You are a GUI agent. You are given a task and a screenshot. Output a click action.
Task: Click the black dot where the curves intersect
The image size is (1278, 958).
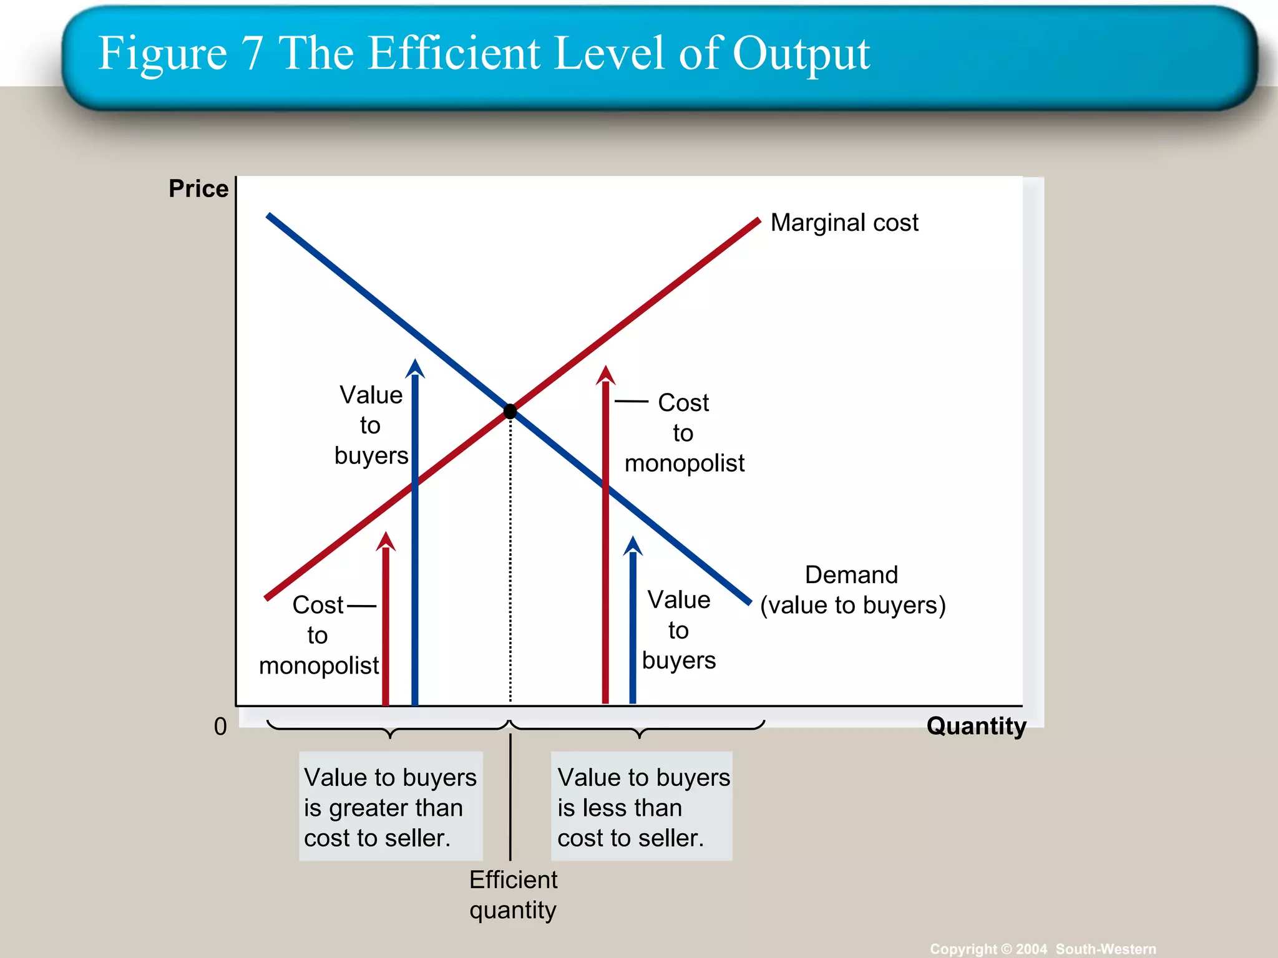coord(510,411)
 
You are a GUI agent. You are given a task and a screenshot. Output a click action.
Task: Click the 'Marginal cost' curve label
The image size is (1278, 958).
coord(844,223)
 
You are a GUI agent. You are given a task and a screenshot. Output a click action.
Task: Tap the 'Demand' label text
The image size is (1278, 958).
coord(851,574)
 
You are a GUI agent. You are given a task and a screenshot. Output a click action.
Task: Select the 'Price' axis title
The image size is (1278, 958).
coord(198,188)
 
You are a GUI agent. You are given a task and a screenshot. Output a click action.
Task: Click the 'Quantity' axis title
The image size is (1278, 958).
coord(976,726)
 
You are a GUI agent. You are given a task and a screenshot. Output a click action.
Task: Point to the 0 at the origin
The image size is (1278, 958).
coord(220,727)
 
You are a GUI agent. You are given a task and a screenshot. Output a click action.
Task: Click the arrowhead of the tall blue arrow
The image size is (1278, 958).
coord(415,369)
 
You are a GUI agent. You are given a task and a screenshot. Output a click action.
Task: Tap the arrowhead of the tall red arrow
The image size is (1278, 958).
coord(605,375)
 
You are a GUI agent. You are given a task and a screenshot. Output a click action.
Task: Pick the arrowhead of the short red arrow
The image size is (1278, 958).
coord(386,541)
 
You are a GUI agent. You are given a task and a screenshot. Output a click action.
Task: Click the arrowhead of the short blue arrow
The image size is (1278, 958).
coord(633,546)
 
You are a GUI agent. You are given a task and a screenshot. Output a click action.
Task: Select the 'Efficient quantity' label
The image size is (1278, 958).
coord(513,895)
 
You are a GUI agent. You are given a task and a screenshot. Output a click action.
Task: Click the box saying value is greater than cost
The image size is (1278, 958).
coord(391,807)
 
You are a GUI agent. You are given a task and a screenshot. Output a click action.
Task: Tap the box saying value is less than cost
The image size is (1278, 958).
coord(642,807)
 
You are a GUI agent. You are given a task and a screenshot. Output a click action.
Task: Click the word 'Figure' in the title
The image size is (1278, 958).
coord(163,54)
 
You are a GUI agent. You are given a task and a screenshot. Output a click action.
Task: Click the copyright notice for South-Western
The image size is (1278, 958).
coord(1042,949)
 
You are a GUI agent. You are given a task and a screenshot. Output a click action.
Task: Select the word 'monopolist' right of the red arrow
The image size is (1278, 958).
coord(684,463)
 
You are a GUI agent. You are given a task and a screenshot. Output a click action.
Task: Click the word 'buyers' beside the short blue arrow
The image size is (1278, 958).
coord(678,660)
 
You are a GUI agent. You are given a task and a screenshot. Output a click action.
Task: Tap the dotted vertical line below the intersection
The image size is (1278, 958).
coord(510,561)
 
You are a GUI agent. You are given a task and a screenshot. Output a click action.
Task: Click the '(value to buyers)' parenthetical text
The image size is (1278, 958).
coord(852,605)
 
